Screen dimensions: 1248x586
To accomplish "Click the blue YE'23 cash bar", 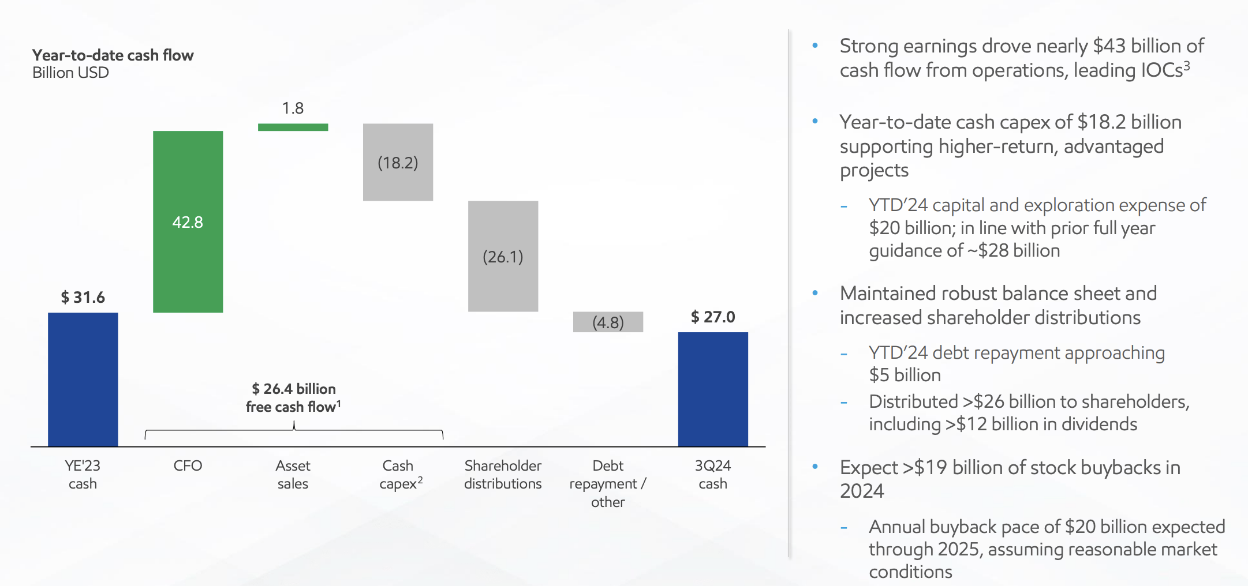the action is pos(83,380).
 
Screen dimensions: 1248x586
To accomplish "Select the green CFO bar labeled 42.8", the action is pos(188,221).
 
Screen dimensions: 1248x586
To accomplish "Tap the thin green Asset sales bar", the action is pos(293,127).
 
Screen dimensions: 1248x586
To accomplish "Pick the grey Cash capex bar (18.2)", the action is pos(398,162).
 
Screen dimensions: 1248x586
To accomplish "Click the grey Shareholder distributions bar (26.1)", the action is pos(503,256).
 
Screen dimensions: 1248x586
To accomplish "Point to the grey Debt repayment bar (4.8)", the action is pos(608,322).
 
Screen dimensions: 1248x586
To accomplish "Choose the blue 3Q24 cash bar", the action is pos(713,389).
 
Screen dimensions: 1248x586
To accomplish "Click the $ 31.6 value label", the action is pos(83,298).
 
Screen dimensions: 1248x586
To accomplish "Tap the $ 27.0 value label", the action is pos(713,317).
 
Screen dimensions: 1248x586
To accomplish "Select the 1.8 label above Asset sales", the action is pos(293,108).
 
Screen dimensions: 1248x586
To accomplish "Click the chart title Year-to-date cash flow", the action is pos(113,55).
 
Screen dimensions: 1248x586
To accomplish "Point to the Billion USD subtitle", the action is pos(70,73).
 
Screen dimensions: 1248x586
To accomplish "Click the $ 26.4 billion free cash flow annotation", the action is pos(293,397).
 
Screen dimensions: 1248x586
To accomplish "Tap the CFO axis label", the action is pos(188,465).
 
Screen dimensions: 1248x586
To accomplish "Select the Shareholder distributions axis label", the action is pos(503,475).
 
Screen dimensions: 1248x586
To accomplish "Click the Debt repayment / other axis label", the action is pos(608,483).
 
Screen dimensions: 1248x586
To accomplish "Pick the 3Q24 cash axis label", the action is pos(713,475).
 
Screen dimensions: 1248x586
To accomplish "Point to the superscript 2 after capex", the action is pos(420,480).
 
